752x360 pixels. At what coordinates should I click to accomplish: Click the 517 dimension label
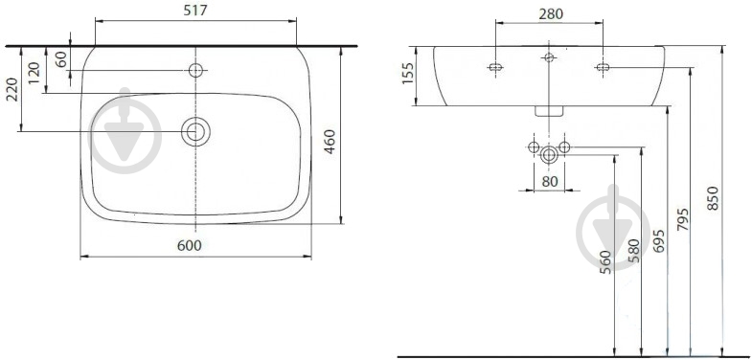(195, 11)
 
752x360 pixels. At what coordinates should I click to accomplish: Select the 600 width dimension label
(190, 245)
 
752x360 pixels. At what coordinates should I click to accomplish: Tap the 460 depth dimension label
(330, 142)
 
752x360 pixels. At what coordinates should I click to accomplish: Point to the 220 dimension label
(12, 90)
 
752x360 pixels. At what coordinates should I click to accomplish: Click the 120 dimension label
(34, 73)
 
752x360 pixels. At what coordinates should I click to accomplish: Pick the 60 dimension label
(62, 60)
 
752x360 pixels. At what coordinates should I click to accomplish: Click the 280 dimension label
(550, 14)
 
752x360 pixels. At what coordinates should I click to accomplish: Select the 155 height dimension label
(408, 73)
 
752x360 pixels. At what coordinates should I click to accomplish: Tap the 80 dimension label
(550, 182)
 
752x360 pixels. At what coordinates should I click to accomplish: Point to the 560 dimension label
(606, 262)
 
